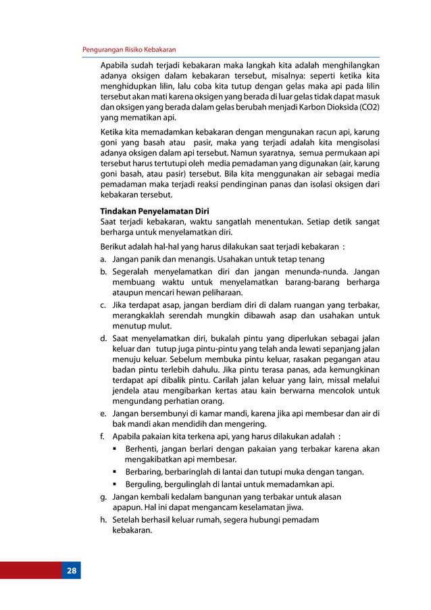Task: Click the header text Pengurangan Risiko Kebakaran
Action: tap(128, 50)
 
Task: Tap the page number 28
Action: tap(72, 571)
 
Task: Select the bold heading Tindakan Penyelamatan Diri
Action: tap(155, 210)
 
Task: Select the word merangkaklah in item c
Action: tap(141, 317)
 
